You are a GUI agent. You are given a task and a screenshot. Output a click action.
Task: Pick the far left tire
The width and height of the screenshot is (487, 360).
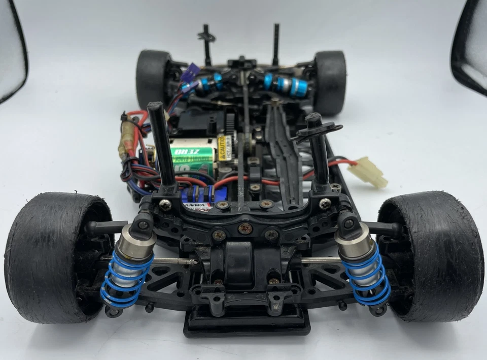coord(152,79)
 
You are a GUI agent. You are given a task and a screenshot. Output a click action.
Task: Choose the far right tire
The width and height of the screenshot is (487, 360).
coord(330,81)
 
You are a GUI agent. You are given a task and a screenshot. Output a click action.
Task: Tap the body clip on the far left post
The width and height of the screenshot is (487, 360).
coord(206,37)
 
